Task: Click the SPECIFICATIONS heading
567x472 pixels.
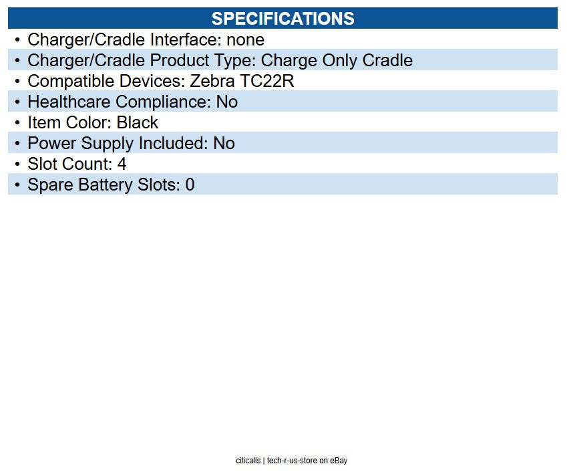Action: point(282,18)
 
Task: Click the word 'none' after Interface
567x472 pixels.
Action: point(245,39)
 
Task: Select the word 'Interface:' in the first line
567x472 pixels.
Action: point(184,39)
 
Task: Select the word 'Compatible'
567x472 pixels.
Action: point(65,81)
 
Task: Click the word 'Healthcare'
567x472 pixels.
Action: point(69,102)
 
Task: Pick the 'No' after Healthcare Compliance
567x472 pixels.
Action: point(226,102)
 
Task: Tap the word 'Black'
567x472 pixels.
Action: point(138,122)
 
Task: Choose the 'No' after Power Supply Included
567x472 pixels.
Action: point(224,143)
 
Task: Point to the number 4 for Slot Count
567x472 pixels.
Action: point(122,164)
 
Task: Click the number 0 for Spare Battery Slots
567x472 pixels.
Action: point(190,185)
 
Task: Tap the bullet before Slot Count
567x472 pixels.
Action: point(17,164)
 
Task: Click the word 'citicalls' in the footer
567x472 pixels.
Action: point(248,461)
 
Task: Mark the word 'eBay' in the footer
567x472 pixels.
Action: point(339,461)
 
